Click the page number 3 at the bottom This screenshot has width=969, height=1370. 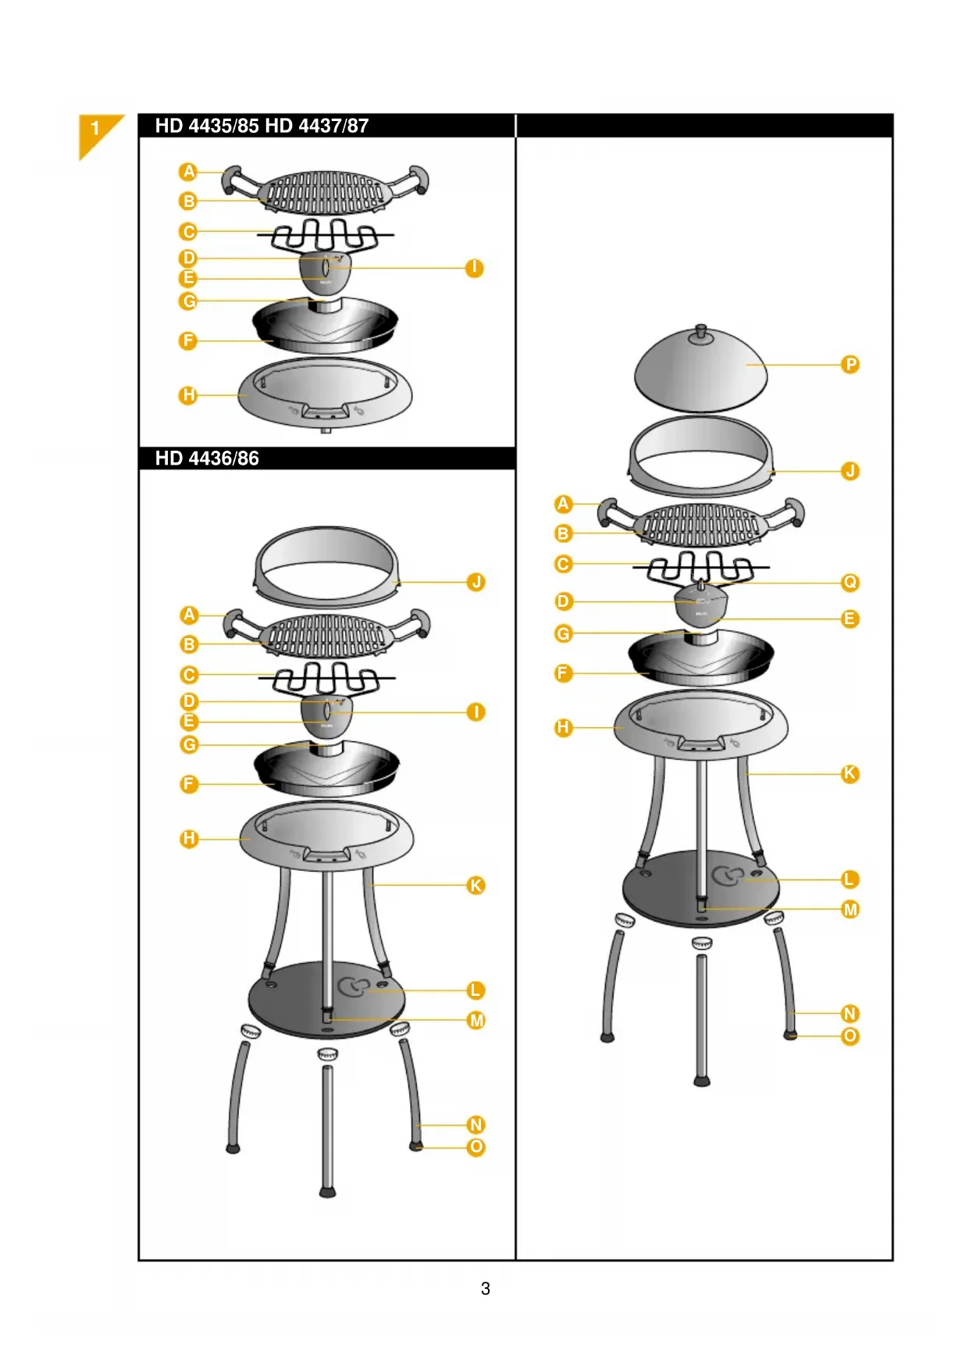click(x=485, y=1288)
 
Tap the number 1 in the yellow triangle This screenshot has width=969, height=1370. click(x=95, y=128)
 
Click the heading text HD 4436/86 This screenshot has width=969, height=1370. click(x=207, y=458)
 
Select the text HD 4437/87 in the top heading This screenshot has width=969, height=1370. click(x=317, y=126)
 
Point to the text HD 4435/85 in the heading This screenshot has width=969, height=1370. click(x=207, y=126)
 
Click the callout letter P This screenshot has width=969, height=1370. click(x=850, y=365)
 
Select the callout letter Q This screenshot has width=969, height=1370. click(x=850, y=583)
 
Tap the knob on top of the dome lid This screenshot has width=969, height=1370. click(x=700, y=332)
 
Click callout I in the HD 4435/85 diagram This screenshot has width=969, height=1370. click(x=474, y=268)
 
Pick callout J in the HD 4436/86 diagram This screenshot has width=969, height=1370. click(x=476, y=583)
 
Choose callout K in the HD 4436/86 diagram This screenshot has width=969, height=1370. click(x=476, y=886)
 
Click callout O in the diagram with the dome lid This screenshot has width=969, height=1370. click(x=850, y=1036)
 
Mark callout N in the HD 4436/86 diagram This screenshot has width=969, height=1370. click(x=476, y=1125)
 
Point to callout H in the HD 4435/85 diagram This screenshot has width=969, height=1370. click(x=188, y=395)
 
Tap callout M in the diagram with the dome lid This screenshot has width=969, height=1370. click(x=850, y=910)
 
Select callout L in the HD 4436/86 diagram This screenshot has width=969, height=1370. click(x=476, y=990)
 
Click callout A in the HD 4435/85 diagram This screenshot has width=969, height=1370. click(x=188, y=172)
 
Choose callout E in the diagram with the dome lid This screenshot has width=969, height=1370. click(x=850, y=619)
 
